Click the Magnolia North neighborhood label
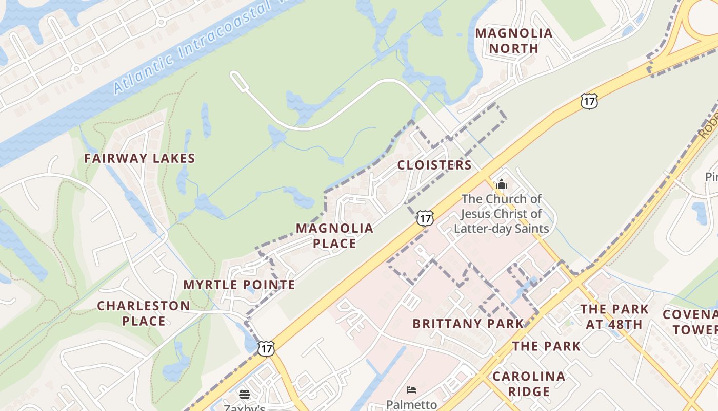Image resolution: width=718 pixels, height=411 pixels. (x=514, y=41)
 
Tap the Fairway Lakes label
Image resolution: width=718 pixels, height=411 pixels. (x=139, y=158)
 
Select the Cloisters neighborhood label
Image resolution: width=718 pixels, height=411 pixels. (x=434, y=165)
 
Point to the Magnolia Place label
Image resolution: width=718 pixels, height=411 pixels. (x=334, y=236)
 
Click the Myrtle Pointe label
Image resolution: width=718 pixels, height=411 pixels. (x=239, y=285)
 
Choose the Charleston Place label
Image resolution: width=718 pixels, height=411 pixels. (x=144, y=313)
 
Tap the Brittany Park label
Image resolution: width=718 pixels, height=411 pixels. (x=468, y=324)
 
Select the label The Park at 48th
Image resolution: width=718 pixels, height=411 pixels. (x=614, y=316)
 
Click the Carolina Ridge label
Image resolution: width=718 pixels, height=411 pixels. (x=529, y=384)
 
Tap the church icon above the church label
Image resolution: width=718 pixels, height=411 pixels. (x=501, y=184)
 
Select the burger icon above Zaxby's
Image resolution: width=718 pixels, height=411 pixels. (x=245, y=395)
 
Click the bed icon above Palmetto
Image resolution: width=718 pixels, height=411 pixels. (x=411, y=390)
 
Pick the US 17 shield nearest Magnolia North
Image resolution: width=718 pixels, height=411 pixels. (x=589, y=101)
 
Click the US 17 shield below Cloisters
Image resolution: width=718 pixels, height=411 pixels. (x=424, y=218)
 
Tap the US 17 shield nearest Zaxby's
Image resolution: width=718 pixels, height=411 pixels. (x=266, y=348)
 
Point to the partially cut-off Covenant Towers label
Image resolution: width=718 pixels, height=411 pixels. (x=690, y=322)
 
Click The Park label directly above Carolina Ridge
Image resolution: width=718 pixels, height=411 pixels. (x=546, y=346)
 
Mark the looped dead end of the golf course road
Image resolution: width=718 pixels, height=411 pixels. (x=237, y=78)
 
